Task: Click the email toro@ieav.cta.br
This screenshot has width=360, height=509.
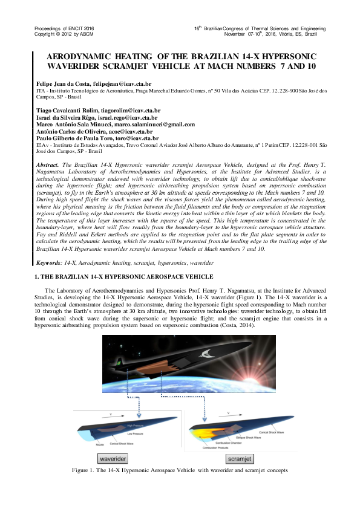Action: [x=134, y=138]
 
